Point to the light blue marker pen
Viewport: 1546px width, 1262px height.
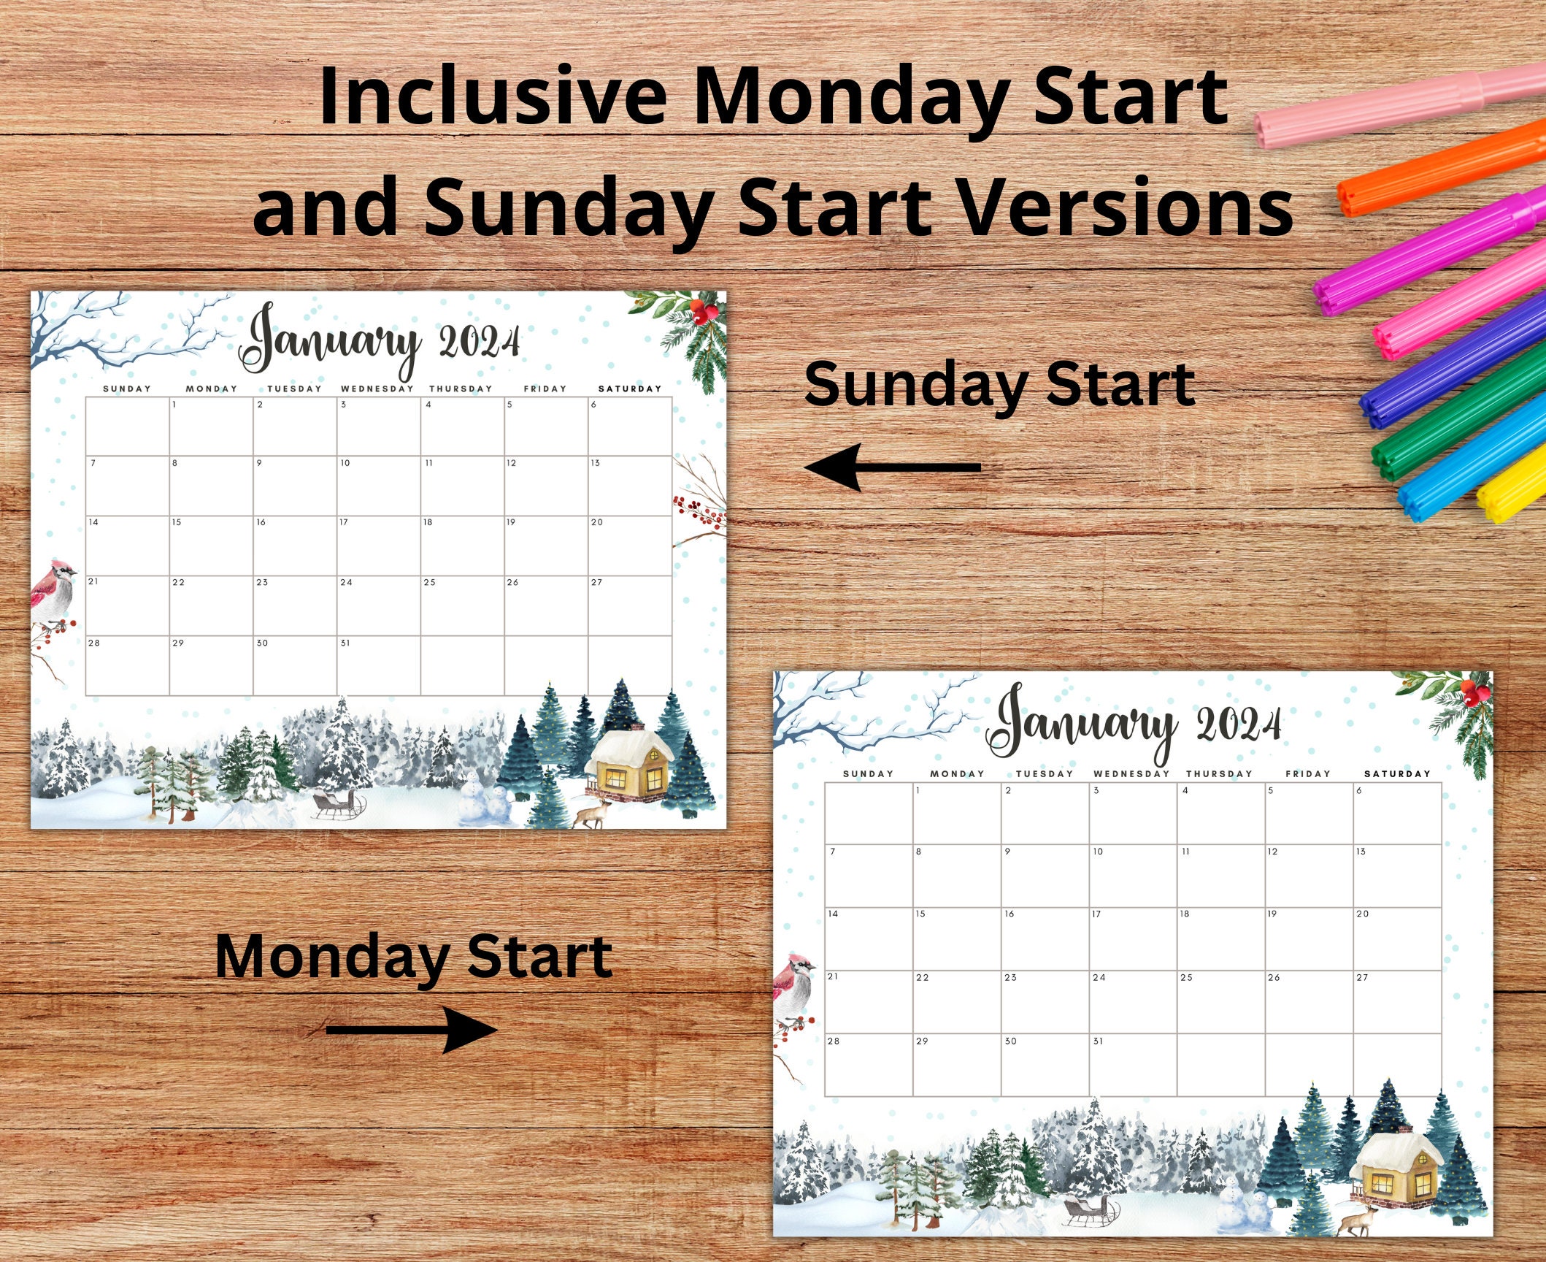1467,467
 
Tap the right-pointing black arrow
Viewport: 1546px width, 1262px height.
412,1030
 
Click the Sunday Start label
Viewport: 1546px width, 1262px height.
999,385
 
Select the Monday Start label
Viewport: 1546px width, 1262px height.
413,957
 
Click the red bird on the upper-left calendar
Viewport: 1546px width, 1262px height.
54,592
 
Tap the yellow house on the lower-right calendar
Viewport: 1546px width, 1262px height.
1395,1173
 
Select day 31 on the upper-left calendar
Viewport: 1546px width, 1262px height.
345,643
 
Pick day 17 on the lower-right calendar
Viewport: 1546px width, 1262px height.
1096,914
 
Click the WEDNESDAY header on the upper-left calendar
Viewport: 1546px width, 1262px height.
377,389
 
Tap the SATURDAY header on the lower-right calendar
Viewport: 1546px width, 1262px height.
1397,773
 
